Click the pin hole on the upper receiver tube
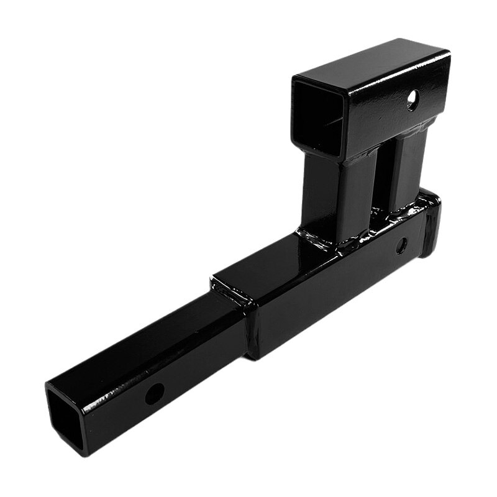point(413,101)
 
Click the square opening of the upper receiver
point(317,121)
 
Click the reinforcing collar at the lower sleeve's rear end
point(430,224)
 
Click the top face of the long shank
point(155,339)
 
